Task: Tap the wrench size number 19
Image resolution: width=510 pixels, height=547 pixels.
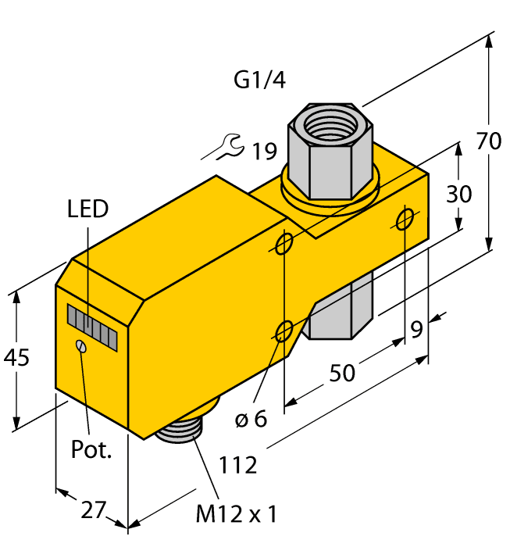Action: [x=263, y=149]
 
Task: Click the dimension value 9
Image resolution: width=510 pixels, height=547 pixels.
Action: [x=417, y=330]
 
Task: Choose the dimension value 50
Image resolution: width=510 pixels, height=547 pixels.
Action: [x=342, y=374]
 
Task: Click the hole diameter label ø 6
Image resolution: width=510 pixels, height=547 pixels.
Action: [x=251, y=419]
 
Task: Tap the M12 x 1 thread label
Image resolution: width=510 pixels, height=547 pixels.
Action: [x=236, y=514]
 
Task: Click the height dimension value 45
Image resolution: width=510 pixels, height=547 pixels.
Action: [x=16, y=358]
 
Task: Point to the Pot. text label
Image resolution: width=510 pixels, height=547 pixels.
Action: [x=91, y=449]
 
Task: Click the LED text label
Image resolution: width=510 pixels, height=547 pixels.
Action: [x=87, y=209]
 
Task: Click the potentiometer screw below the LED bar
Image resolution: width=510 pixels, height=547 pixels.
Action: [x=80, y=346]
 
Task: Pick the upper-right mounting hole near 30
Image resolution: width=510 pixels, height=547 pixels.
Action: [x=405, y=219]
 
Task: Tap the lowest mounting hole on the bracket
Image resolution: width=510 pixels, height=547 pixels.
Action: [x=286, y=329]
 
